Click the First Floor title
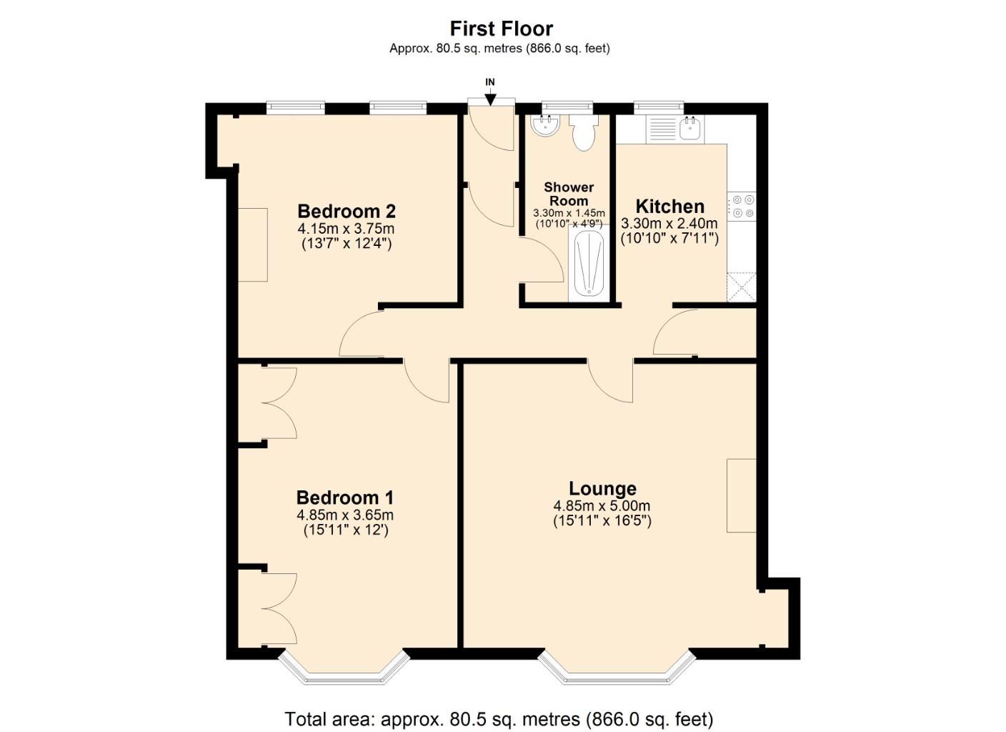[501, 29]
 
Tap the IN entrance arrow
[490, 98]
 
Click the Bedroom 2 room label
[346, 212]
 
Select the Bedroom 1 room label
[344, 498]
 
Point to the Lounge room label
[602, 488]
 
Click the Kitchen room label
[669, 207]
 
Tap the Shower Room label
[569, 194]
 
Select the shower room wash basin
[546, 127]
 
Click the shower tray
[589, 263]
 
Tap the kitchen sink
[690, 129]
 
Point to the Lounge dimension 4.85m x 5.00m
[602, 506]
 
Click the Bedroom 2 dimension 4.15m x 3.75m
[346, 229]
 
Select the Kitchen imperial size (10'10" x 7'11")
[669, 239]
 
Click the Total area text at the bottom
[499, 718]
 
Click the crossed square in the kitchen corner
[742, 287]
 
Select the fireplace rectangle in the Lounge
[742, 495]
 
